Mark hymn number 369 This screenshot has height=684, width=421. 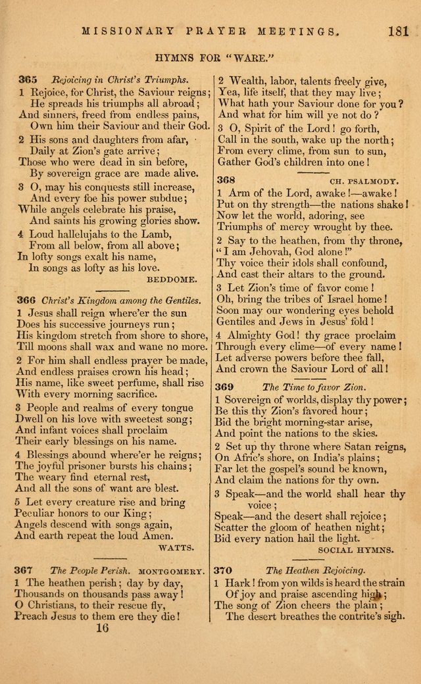227,387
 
